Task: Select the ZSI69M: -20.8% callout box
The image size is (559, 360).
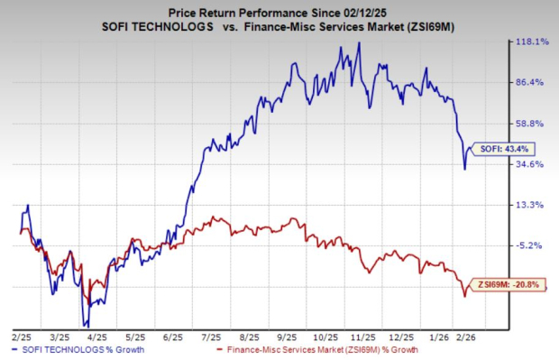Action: pyautogui.click(x=509, y=285)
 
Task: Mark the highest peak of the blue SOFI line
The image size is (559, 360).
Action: pyautogui.click(x=359, y=42)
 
